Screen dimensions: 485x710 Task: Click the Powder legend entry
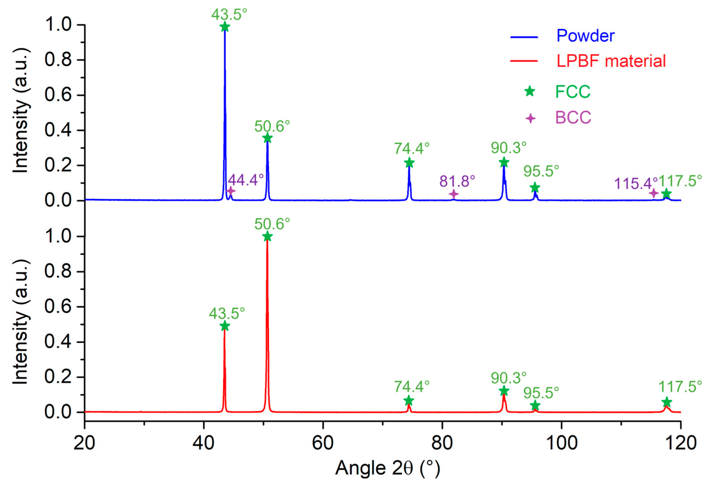[x=585, y=36]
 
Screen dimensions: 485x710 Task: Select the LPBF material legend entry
[x=611, y=61]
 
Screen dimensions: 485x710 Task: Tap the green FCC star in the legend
[x=530, y=91]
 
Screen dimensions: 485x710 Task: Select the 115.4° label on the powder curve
[x=636, y=183]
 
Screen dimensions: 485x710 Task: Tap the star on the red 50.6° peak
[x=267, y=236]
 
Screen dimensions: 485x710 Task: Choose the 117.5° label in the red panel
[x=680, y=387]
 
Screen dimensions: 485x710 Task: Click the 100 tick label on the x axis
[x=562, y=443]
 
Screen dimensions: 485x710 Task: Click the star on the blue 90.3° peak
[x=504, y=163]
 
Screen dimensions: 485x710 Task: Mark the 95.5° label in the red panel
[x=541, y=393]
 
